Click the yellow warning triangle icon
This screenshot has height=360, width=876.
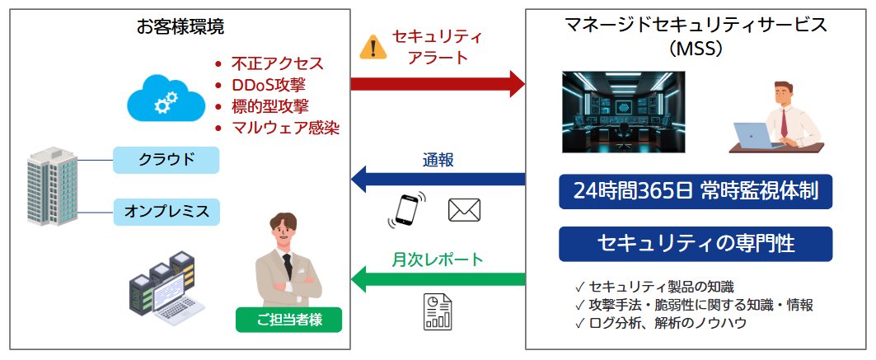point(373,48)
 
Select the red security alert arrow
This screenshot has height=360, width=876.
point(438,83)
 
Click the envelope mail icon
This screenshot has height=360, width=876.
point(464,210)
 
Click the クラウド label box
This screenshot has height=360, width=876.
point(166,159)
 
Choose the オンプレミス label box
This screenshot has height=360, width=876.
point(166,211)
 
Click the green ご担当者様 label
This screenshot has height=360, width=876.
point(288,320)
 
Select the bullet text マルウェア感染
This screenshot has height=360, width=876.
point(285,128)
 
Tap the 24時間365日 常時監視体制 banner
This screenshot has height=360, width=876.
point(696,192)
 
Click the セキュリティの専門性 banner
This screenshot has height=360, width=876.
point(696,243)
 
